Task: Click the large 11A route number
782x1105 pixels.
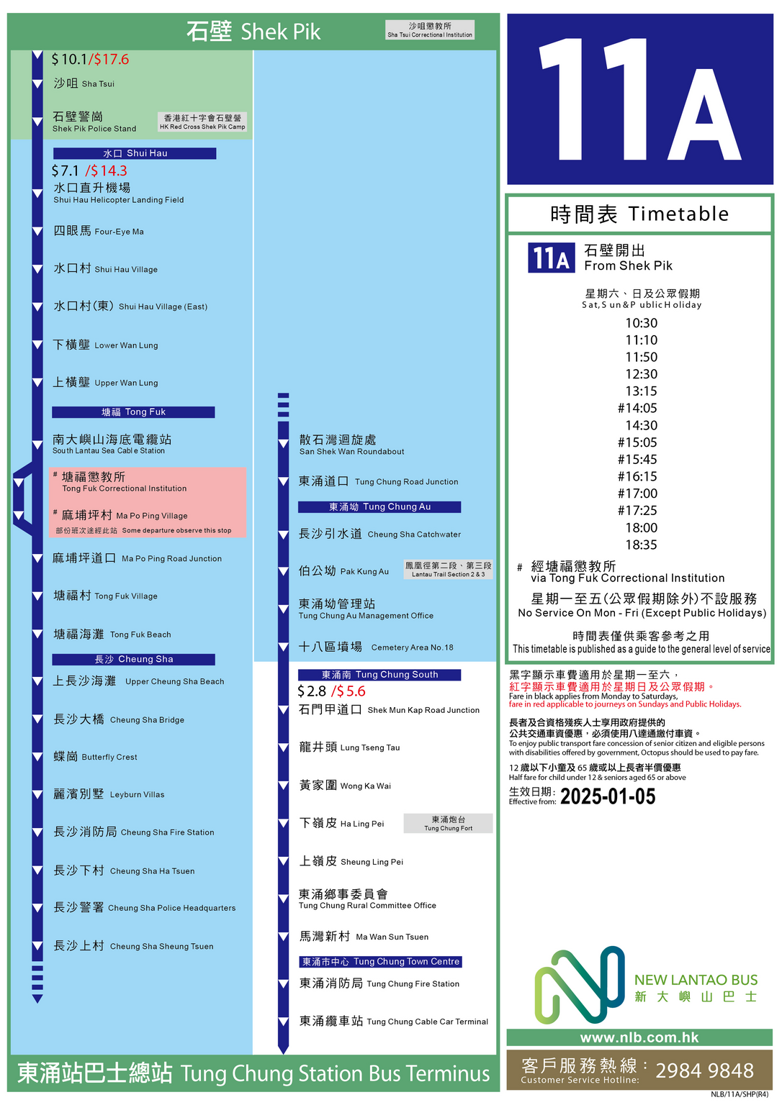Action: tap(639, 99)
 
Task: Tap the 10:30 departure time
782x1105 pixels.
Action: tap(641, 323)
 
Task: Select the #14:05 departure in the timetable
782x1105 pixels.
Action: tap(637, 408)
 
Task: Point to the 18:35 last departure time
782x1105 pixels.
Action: tap(641, 545)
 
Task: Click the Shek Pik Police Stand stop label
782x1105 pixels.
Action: tap(94, 122)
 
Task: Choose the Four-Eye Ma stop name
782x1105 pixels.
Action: tap(99, 231)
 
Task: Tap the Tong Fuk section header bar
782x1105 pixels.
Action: tap(133, 412)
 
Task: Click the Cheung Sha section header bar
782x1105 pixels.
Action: tap(133, 659)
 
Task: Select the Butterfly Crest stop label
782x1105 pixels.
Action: tap(95, 757)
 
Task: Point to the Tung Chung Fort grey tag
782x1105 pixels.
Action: tap(448, 824)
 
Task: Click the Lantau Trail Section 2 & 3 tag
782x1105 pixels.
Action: tap(448, 570)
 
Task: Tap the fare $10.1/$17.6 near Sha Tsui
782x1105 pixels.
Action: tap(90, 60)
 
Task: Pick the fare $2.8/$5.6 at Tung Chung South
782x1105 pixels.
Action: tap(331, 691)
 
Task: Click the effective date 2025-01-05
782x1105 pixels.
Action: tap(608, 796)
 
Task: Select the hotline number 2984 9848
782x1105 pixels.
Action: tap(704, 1070)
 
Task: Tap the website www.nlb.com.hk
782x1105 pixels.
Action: tap(639, 1037)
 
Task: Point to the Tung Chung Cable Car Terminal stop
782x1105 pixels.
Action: tap(393, 1021)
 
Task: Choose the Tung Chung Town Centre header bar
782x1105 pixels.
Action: tap(381, 962)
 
